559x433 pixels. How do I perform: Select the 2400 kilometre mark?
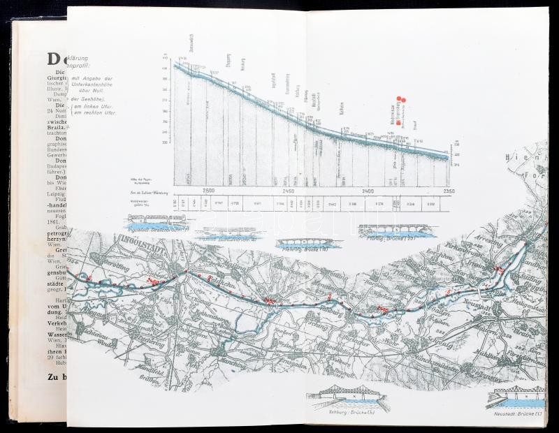pos(368,190)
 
